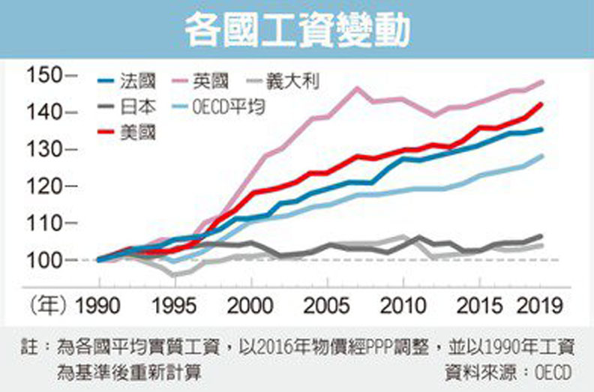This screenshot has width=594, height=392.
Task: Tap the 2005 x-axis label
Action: point(325,309)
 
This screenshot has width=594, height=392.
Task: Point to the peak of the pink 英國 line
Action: point(357,88)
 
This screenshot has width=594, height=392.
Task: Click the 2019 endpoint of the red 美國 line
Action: point(541,104)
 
